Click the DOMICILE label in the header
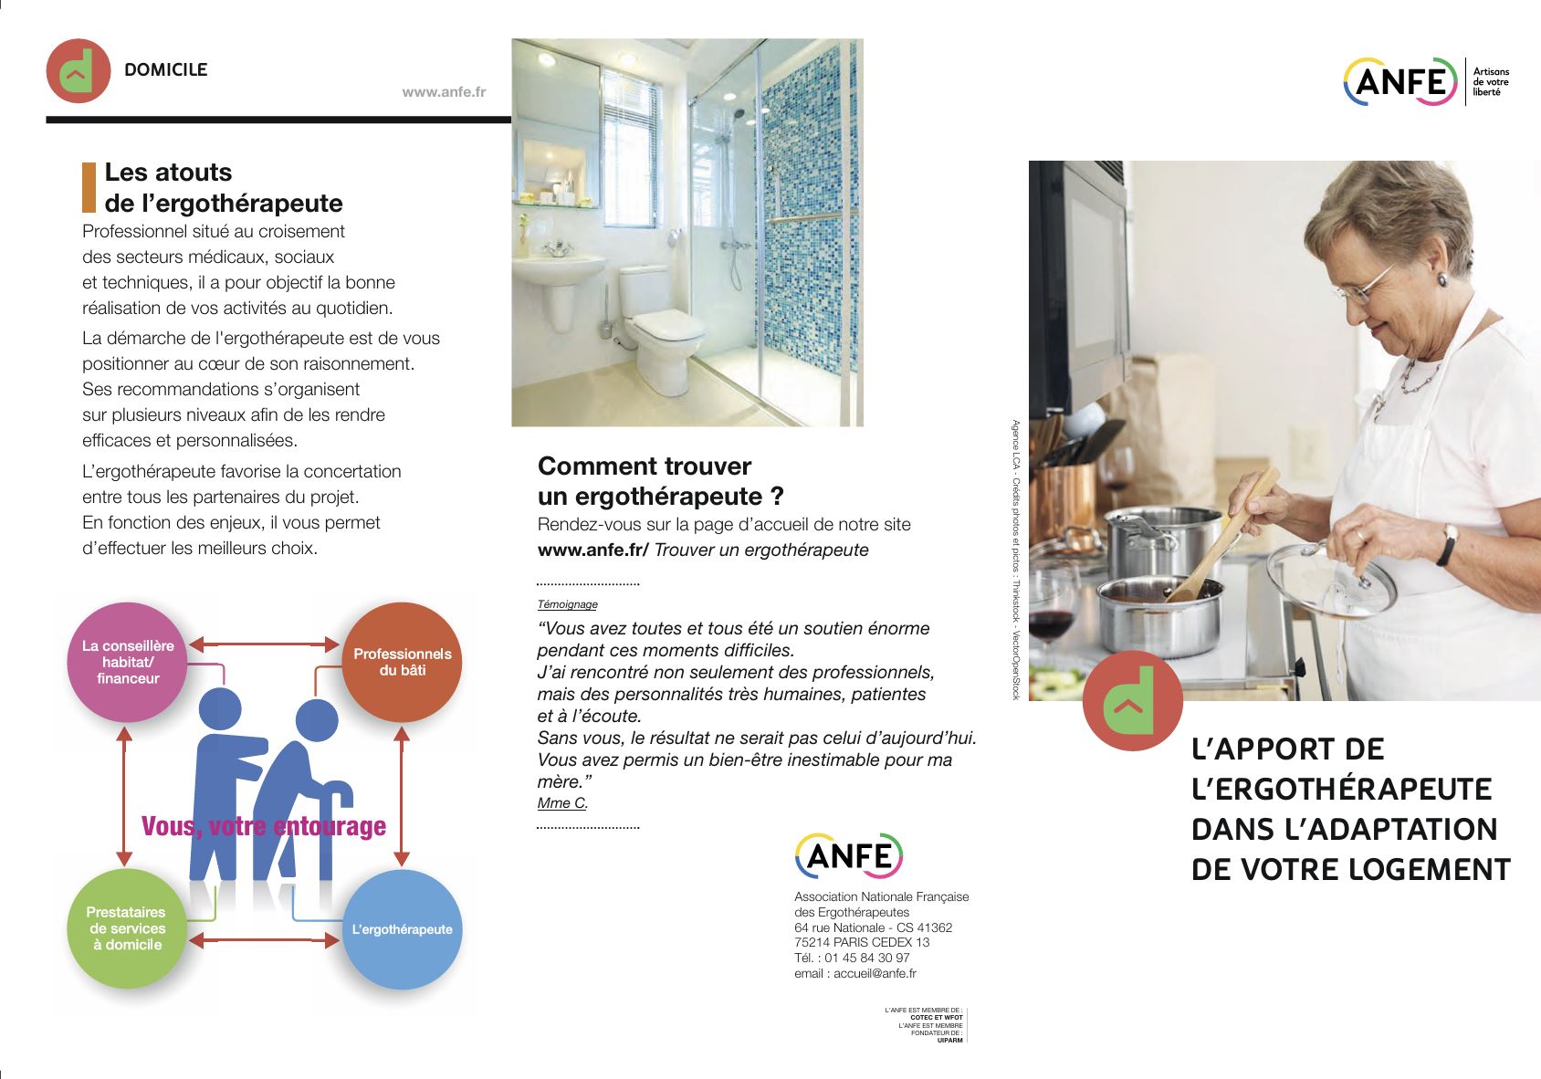coord(165,69)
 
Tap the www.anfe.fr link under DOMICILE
coord(444,92)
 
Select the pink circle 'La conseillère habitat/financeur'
coord(127,662)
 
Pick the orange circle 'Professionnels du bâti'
coord(402,662)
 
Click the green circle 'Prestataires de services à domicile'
coord(127,928)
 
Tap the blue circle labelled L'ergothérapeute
coord(402,929)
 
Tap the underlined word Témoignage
coord(567,604)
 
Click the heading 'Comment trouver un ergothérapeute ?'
coord(660,481)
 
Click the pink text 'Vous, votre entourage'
coord(264,826)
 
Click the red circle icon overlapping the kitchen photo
coord(1132,701)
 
